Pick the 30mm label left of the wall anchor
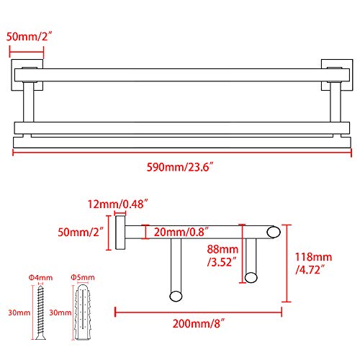[x=60, y=312]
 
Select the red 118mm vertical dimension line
[x=288, y=263]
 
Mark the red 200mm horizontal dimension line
[x=198, y=312]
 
